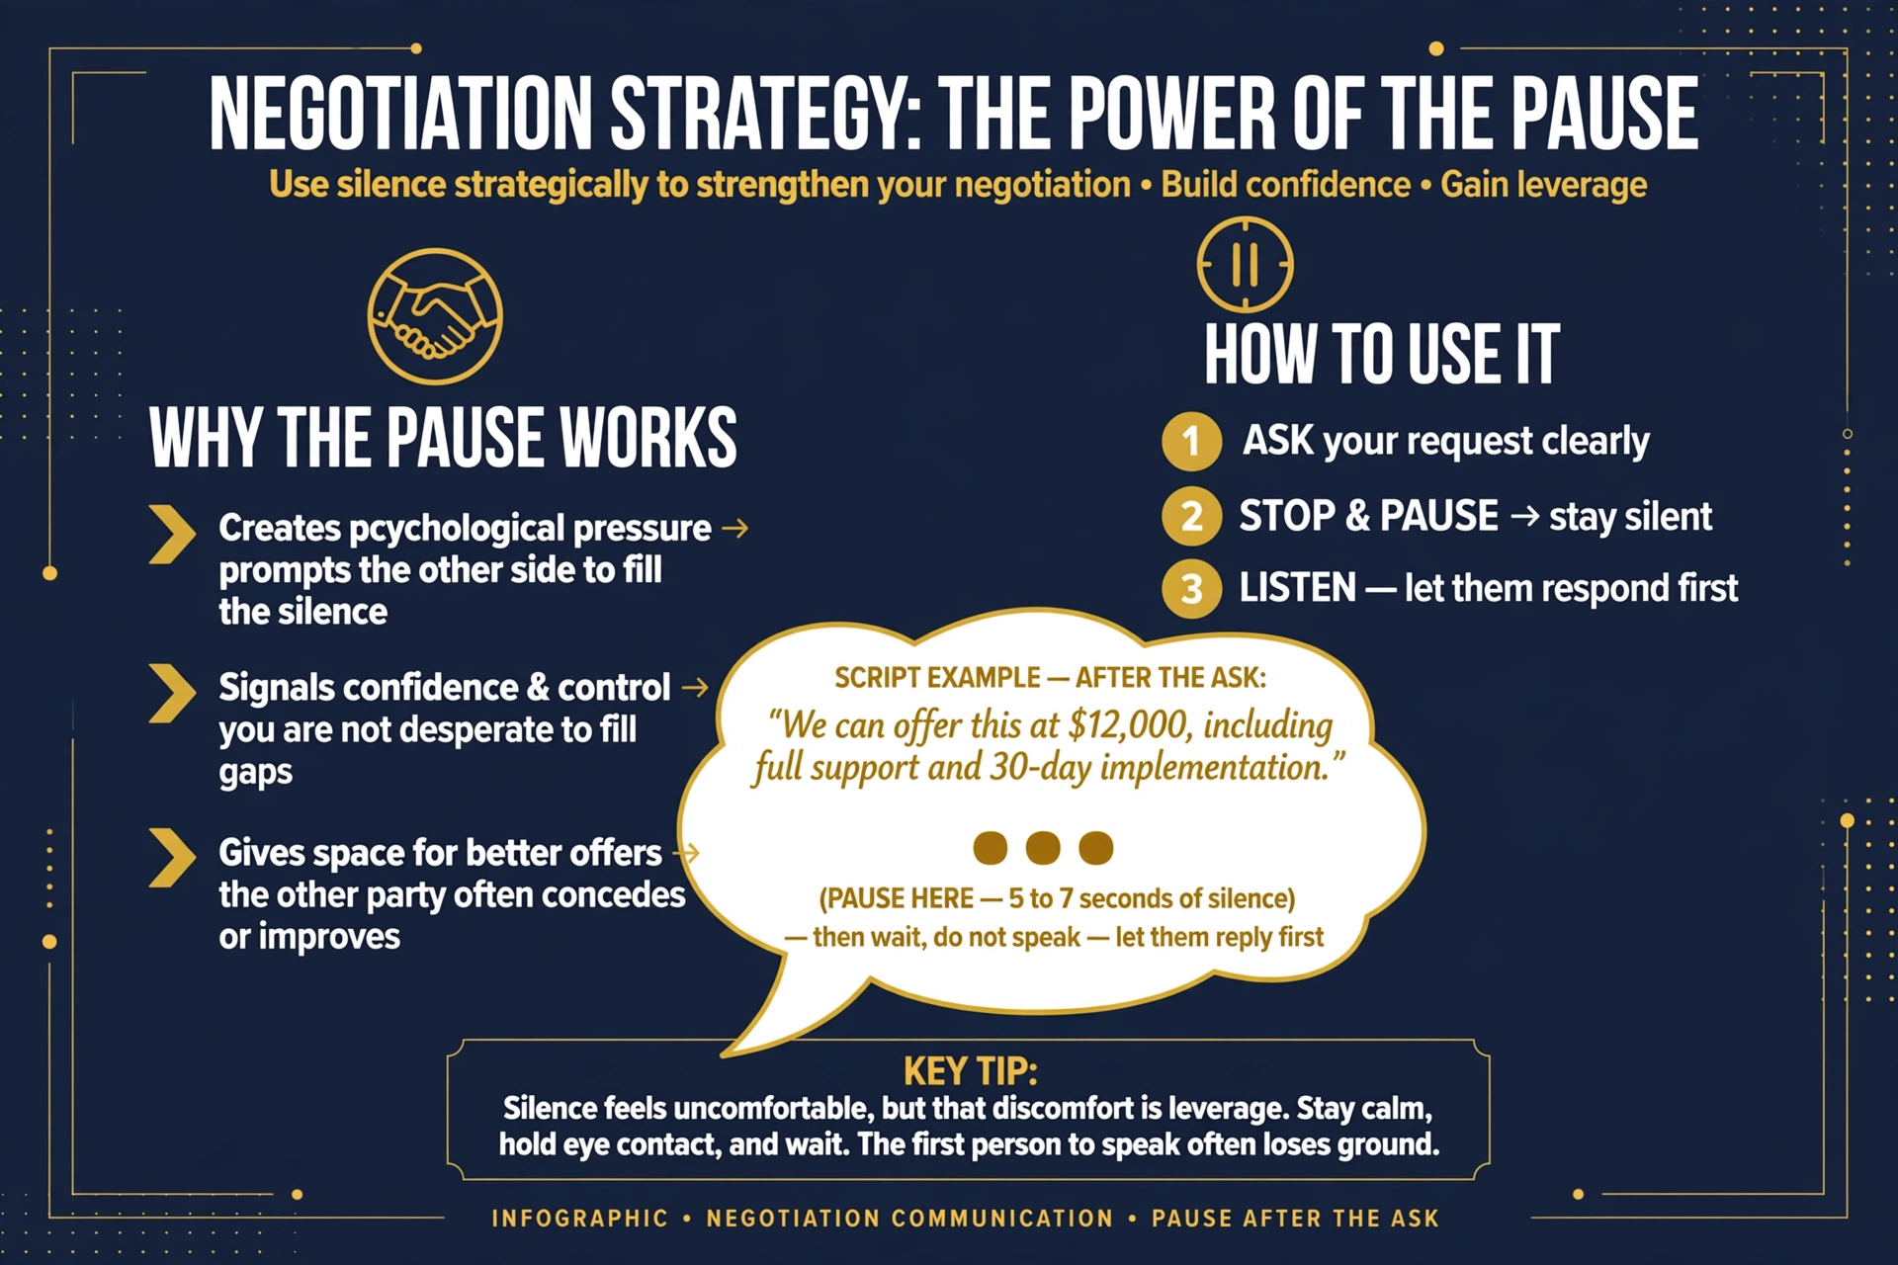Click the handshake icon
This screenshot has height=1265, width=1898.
pos(435,316)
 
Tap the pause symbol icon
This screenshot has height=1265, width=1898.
pos(1245,264)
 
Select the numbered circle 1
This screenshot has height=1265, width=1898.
pos(1191,441)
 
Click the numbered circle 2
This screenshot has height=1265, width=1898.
pos(1191,516)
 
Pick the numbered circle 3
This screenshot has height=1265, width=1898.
pos(1191,589)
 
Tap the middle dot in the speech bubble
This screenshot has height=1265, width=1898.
pos(1043,848)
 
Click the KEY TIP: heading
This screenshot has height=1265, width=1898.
pos(970,1071)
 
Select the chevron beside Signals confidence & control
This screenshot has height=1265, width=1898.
pos(172,693)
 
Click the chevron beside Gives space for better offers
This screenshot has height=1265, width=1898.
pos(172,858)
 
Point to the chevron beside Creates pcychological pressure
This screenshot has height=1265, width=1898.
pos(172,535)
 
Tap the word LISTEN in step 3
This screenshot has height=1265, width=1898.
pos(1298,588)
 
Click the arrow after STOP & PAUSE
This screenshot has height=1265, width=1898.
pos(1524,516)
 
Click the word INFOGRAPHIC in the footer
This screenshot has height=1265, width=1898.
pos(580,1219)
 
